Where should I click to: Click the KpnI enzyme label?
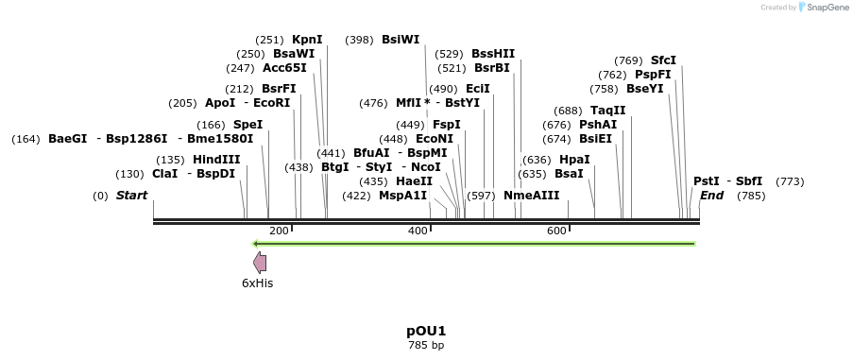[307, 40]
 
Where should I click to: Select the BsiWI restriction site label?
[401, 40]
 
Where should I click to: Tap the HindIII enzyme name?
[216, 160]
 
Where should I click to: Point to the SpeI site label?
[247, 125]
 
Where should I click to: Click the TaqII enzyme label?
[608, 111]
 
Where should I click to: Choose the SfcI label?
[663, 60]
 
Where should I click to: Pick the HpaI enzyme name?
[574, 160]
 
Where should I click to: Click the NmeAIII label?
[532, 196]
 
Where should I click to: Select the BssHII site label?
[493, 54]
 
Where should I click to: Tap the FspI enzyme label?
[447, 125]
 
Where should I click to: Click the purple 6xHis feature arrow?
[260, 263]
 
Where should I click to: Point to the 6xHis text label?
[258, 283]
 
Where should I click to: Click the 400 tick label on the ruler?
[418, 231]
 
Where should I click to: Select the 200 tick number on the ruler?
[279, 231]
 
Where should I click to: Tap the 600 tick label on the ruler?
[556, 231]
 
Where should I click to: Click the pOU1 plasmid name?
[426, 331]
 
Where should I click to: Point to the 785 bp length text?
[426, 345]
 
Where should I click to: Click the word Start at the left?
[131, 196]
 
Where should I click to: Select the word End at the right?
[711, 196]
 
